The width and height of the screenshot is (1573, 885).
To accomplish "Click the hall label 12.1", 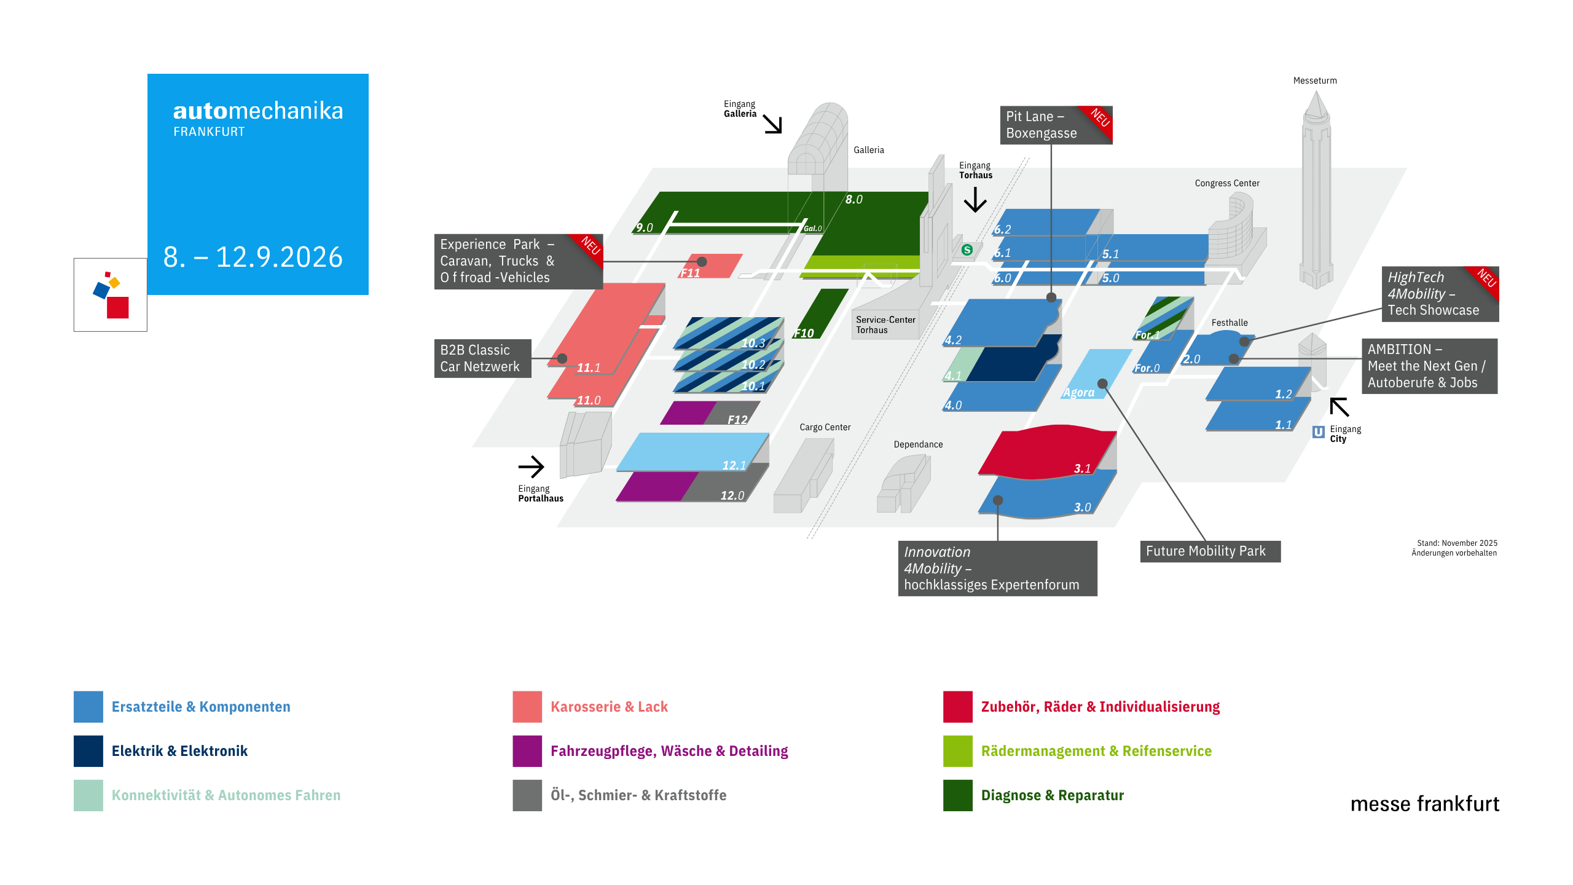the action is (x=734, y=465).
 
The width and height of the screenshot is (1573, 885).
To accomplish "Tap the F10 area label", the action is (x=804, y=333).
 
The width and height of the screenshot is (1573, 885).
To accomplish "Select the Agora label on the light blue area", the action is (x=1079, y=393).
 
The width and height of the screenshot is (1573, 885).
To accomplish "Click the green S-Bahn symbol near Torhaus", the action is (x=967, y=250).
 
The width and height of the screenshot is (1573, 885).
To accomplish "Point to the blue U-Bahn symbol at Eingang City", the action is (x=1319, y=432).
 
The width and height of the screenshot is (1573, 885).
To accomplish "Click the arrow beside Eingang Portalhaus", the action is (x=532, y=467).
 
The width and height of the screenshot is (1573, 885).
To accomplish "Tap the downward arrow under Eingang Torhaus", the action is (x=975, y=199).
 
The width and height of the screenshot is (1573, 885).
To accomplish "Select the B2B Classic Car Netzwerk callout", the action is (x=483, y=358).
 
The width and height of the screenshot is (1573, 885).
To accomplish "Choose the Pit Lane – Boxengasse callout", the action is (x=1056, y=125).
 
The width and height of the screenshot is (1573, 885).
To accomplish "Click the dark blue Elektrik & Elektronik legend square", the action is (x=88, y=751).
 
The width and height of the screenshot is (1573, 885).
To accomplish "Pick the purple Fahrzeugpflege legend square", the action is (x=527, y=751).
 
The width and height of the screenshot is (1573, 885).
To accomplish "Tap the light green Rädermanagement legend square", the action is (x=958, y=751).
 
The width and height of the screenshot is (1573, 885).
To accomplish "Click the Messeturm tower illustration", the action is (x=1316, y=191).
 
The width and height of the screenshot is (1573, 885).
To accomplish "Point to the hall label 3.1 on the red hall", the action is (x=1083, y=468).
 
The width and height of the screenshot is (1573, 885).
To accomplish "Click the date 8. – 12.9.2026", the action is (x=253, y=257).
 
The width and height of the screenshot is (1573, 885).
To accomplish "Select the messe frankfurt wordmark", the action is (x=1425, y=804).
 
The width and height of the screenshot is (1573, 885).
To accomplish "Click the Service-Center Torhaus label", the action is (x=885, y=325).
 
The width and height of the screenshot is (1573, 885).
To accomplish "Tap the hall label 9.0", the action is (x=645, y=228).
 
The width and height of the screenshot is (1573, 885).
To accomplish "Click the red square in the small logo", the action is (x=118, y=307).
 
